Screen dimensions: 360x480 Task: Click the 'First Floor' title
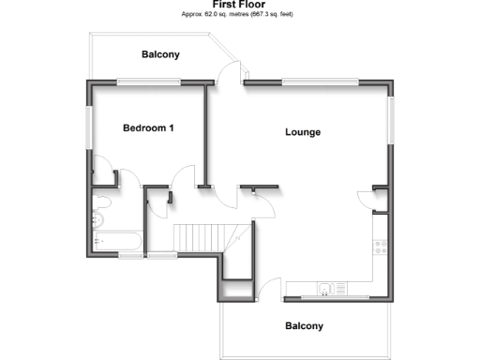pos(239,5)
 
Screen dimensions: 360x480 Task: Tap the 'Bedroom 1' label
pos(149,127)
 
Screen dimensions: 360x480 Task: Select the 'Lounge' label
pos(303,132)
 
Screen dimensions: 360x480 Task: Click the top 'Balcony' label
pos(160,54)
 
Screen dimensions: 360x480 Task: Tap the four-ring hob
pos(382,247)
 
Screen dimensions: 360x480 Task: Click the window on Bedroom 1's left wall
pos(89,128)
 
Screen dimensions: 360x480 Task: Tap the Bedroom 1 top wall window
pos(148,82)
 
